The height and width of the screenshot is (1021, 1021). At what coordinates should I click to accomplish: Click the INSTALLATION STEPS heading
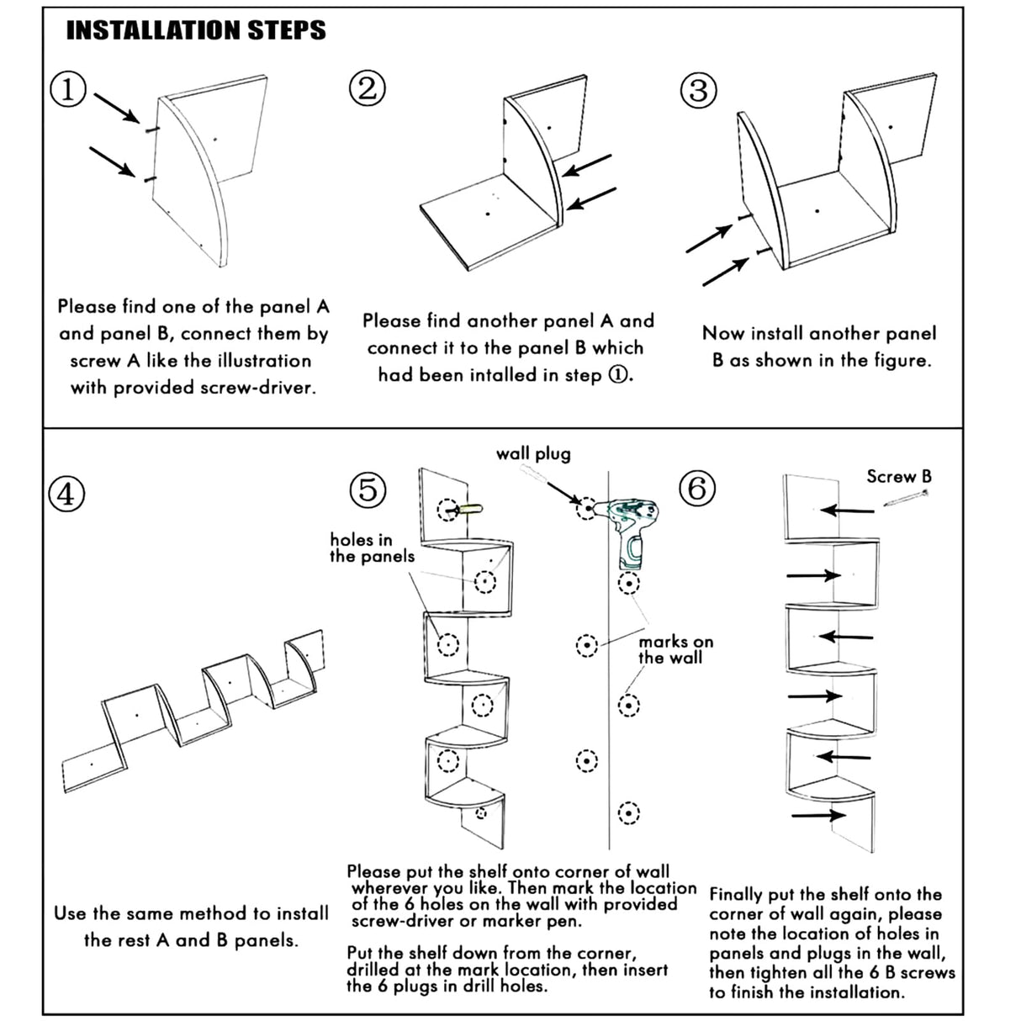tap(195, 31)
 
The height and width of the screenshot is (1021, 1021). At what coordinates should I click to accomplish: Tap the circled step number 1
tap(69, 88)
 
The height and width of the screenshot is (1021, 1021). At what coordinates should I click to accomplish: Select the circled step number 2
tap(368, 88)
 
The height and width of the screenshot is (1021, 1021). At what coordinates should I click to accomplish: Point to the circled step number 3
tap(698, 90)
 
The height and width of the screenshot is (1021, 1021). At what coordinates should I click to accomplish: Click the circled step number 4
tap(66, 494)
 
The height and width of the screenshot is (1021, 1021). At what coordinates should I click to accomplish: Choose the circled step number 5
tap(368, 489)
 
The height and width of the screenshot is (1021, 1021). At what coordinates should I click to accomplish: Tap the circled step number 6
tap(697, 488)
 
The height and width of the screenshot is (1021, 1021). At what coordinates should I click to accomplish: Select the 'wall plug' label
tap(533, 454)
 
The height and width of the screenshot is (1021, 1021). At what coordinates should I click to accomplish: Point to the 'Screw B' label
tap(899, 477)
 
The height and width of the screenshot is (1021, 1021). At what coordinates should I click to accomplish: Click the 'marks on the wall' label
tap(674, 650)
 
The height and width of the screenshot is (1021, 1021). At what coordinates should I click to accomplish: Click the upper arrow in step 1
tap(116, 108)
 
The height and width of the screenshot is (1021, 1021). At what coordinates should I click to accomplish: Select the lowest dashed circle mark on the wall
tap(628, 812)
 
